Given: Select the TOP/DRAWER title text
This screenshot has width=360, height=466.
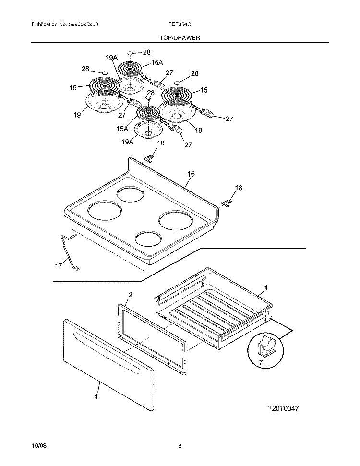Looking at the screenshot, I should pyautogui.click(x=180, y=37).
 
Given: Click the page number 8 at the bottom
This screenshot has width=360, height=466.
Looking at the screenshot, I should pyautogui.click(x=180, y=446).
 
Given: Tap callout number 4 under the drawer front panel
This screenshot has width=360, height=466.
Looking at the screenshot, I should pyautogui.click(x=96, y=396).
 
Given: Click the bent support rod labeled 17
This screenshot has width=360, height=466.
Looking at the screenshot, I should pyautogui.click(x=69, y=252).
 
